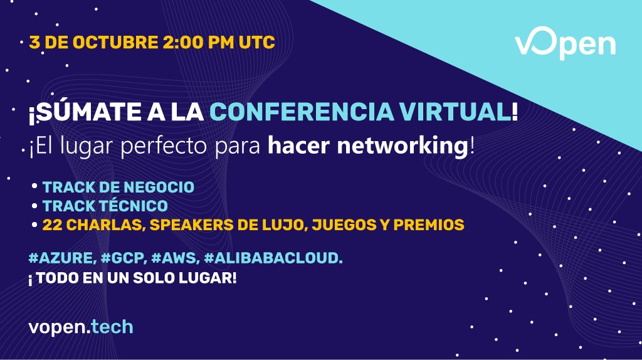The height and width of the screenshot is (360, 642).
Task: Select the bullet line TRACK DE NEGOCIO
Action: coord(118,187)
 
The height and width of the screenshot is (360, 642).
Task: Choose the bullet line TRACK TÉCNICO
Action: coord(105,206)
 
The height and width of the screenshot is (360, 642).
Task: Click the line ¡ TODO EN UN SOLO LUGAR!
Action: coord(132,278)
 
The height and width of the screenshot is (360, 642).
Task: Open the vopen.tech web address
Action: coord(81,327)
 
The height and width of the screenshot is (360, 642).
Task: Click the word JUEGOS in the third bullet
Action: coord(332,225)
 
